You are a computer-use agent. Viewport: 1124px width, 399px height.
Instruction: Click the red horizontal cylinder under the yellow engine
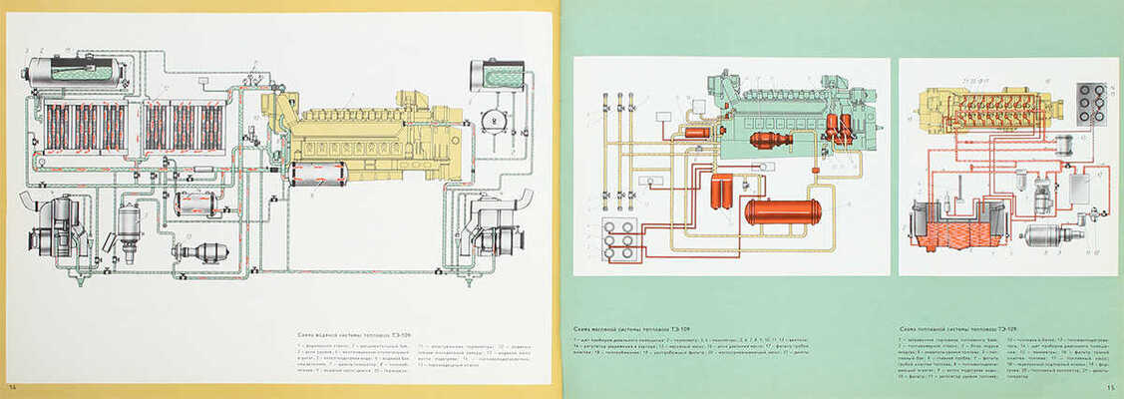click(x=317, y=174)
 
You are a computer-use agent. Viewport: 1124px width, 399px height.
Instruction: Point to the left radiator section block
click(x=85, y=127)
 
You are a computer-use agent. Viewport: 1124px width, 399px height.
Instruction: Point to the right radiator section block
click(x=184, y=127)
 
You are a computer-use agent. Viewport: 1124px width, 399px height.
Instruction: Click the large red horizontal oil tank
click(x=783, y=211)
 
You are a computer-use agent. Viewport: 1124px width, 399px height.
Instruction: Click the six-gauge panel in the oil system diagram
click(x=619, y=239)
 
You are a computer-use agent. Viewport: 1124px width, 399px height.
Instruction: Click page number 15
click(x=1109, y=388)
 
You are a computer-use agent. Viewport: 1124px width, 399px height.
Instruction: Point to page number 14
click(x=13, y=387)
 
